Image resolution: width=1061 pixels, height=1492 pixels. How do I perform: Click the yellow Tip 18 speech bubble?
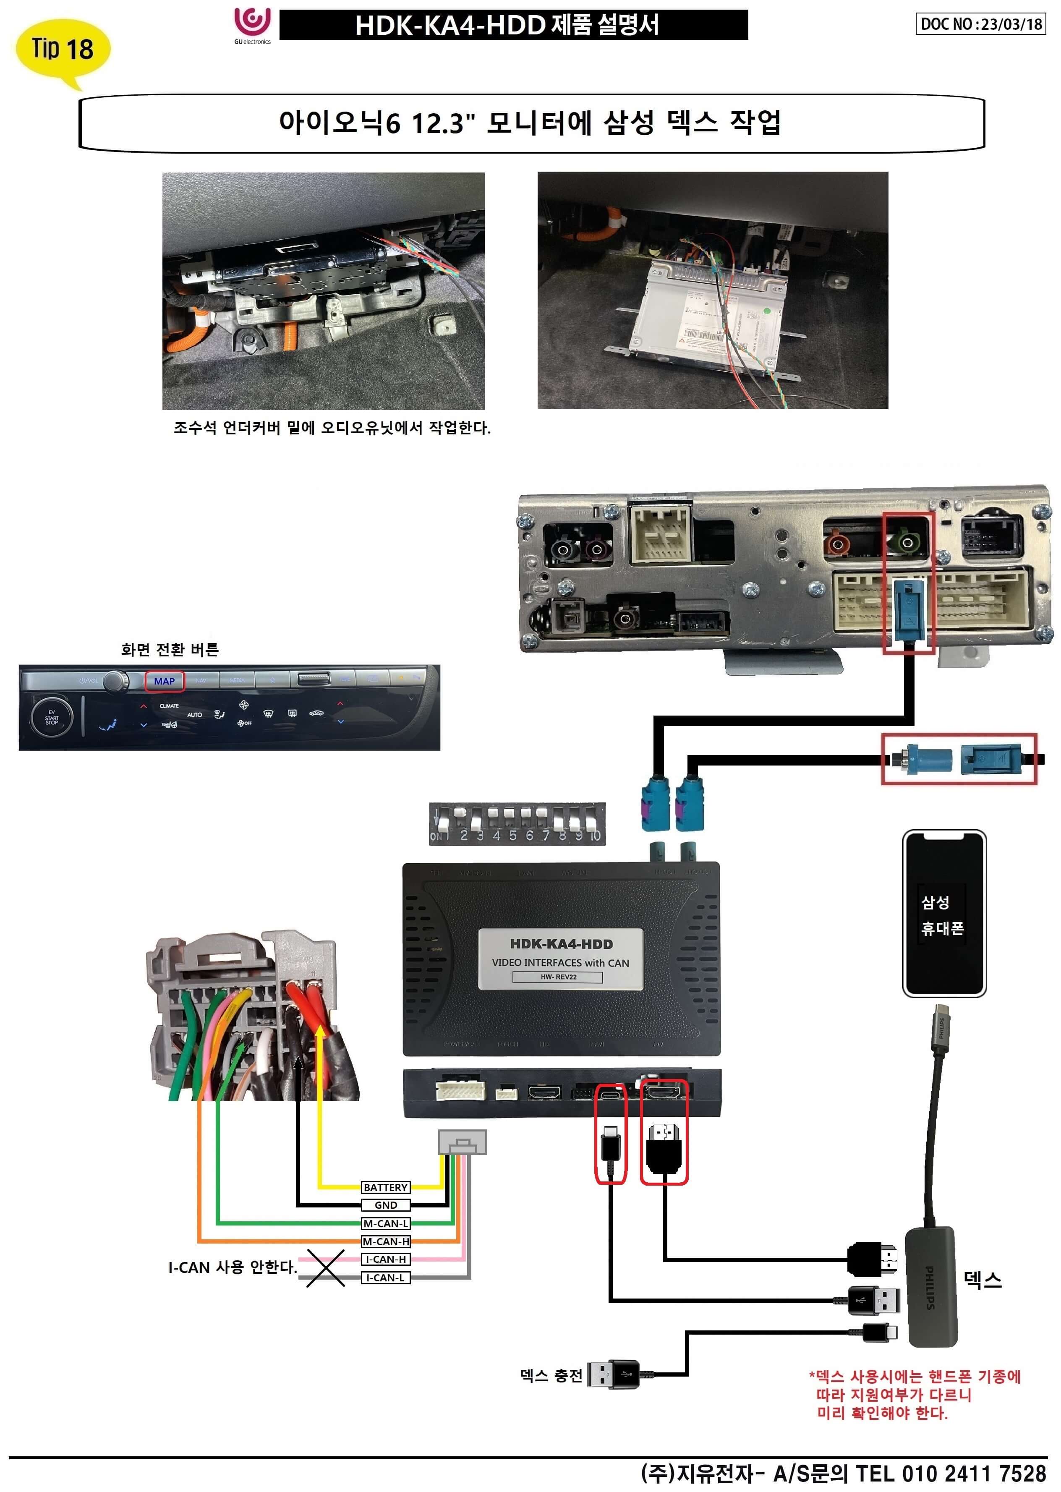pyautogui.click(x=62, y=49)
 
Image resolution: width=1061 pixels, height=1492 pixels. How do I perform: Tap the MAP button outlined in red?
pyautogui.click(x=164, y=681)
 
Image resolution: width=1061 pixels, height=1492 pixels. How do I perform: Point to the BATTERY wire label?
pyautogui.click(x=385, y=1187)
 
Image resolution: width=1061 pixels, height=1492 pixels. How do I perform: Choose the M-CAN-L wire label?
pyautogui.click(x=385, y=1223)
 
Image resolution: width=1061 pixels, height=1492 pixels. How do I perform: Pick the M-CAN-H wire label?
pyautogui.click(x=385, y=1241)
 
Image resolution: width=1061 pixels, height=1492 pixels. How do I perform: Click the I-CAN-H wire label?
pyautogui.click(x=385, y=1259)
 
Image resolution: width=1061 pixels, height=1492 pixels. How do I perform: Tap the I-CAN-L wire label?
pyautogui.click(x=385, y=1277)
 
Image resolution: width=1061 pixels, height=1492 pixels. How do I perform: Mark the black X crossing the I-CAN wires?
pyautogui.click(x=325, y=1268)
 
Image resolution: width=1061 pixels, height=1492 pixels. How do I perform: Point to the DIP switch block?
pyautogui.click(x=517, y=824)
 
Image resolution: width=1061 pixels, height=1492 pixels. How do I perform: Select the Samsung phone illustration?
pyautogui.click(x=943, y=913)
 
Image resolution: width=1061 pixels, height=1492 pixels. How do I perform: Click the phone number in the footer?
pyautogui.click(x=973, y=1474)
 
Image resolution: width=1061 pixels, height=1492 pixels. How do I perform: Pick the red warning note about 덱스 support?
pyautogui.click(x=915, y=1395)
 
